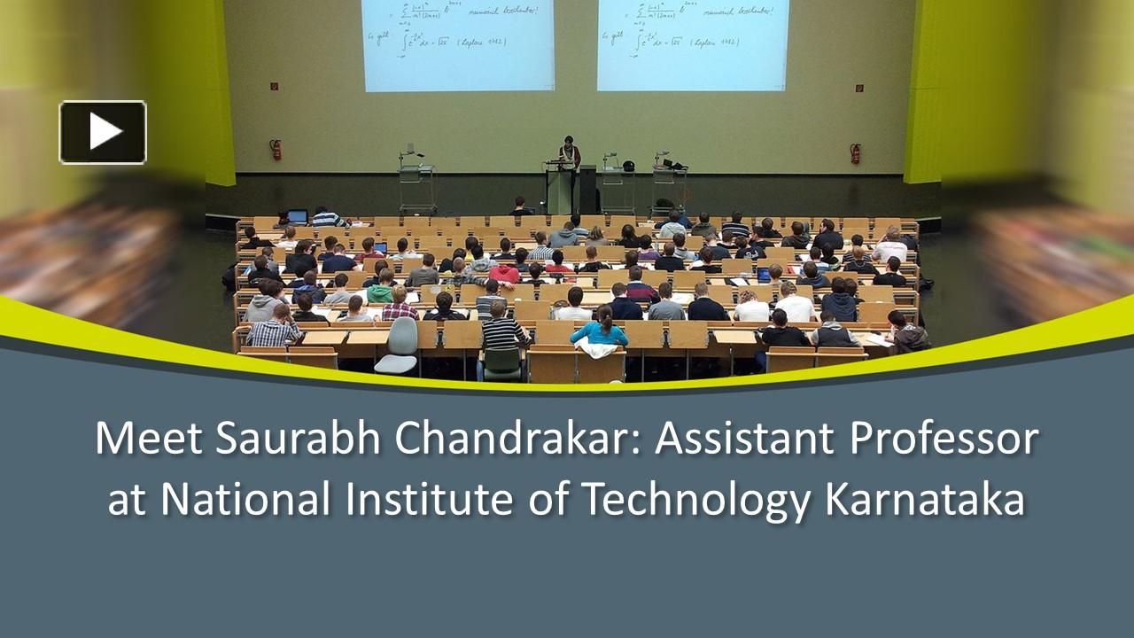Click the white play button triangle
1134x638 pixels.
[x=105, y=132]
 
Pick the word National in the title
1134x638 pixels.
[x=241, y=499]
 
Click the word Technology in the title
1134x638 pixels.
[x=695, y=501]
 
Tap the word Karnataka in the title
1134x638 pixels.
[x=925, y=499]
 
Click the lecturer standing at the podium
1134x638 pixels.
[x=568, y=156]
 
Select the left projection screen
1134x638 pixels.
[x=458, y=44]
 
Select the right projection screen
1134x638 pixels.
[x=693, y=44]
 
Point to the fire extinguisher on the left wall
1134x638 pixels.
[x=276, y=149]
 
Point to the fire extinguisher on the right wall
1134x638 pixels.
[x=855, y=152]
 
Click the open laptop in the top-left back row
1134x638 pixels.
[x=298, y=216]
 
